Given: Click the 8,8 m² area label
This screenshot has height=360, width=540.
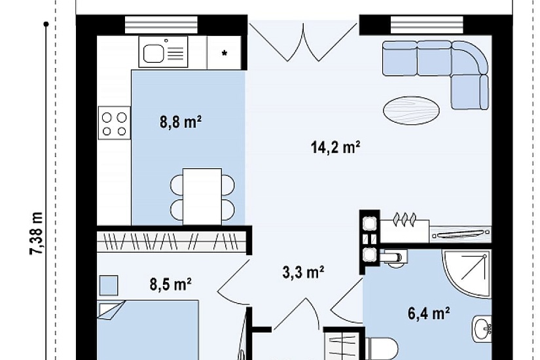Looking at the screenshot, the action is (181, 122).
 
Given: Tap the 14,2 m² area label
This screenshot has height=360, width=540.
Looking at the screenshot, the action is (335, 147).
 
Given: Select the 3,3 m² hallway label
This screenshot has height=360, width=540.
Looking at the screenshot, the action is (303, 272).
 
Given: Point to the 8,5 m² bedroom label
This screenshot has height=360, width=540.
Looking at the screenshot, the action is (170, 285).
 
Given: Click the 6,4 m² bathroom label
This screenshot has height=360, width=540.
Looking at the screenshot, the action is (429, 314).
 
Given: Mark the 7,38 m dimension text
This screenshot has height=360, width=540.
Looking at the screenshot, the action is (37, 233).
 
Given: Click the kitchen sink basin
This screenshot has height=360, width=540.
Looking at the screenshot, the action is (153, 54).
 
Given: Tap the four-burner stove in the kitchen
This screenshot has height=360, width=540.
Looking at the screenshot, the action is (115, 123).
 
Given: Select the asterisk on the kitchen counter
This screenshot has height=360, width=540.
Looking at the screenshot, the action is (225, 53).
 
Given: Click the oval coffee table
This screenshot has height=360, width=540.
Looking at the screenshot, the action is (411, 110).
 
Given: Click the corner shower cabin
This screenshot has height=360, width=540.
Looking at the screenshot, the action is (467, 274).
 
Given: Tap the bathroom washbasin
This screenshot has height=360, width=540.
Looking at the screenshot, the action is (482, 329).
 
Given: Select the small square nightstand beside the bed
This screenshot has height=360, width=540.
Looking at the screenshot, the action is (109, 285).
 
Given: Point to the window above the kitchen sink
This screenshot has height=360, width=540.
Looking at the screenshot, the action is (161, 25).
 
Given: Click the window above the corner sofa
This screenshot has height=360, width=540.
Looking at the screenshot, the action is (427, 25).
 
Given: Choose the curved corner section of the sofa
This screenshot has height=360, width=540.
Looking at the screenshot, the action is (469, 58).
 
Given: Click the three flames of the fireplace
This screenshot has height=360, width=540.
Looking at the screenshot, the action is (405, 219).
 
